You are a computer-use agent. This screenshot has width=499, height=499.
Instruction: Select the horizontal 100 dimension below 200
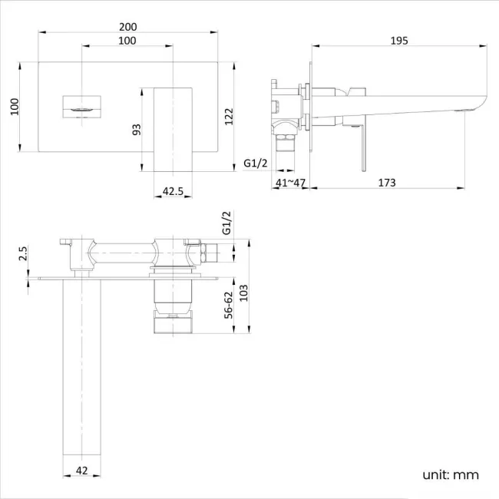127,40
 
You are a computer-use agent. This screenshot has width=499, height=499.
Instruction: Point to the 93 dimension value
137,128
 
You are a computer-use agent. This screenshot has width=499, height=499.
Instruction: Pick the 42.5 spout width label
173,192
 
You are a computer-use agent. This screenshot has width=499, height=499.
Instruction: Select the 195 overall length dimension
398,40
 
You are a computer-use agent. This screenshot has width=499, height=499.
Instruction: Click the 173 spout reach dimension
387,182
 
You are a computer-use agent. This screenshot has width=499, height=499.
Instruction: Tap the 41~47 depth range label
290,182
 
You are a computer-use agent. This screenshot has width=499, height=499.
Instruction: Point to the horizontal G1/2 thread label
256,163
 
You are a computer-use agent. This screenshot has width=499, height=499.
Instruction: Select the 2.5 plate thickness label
23,254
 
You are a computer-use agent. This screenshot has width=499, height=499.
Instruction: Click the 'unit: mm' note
450,474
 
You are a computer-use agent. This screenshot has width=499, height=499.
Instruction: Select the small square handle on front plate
81,106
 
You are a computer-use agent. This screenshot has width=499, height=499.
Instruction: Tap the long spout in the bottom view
78,368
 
